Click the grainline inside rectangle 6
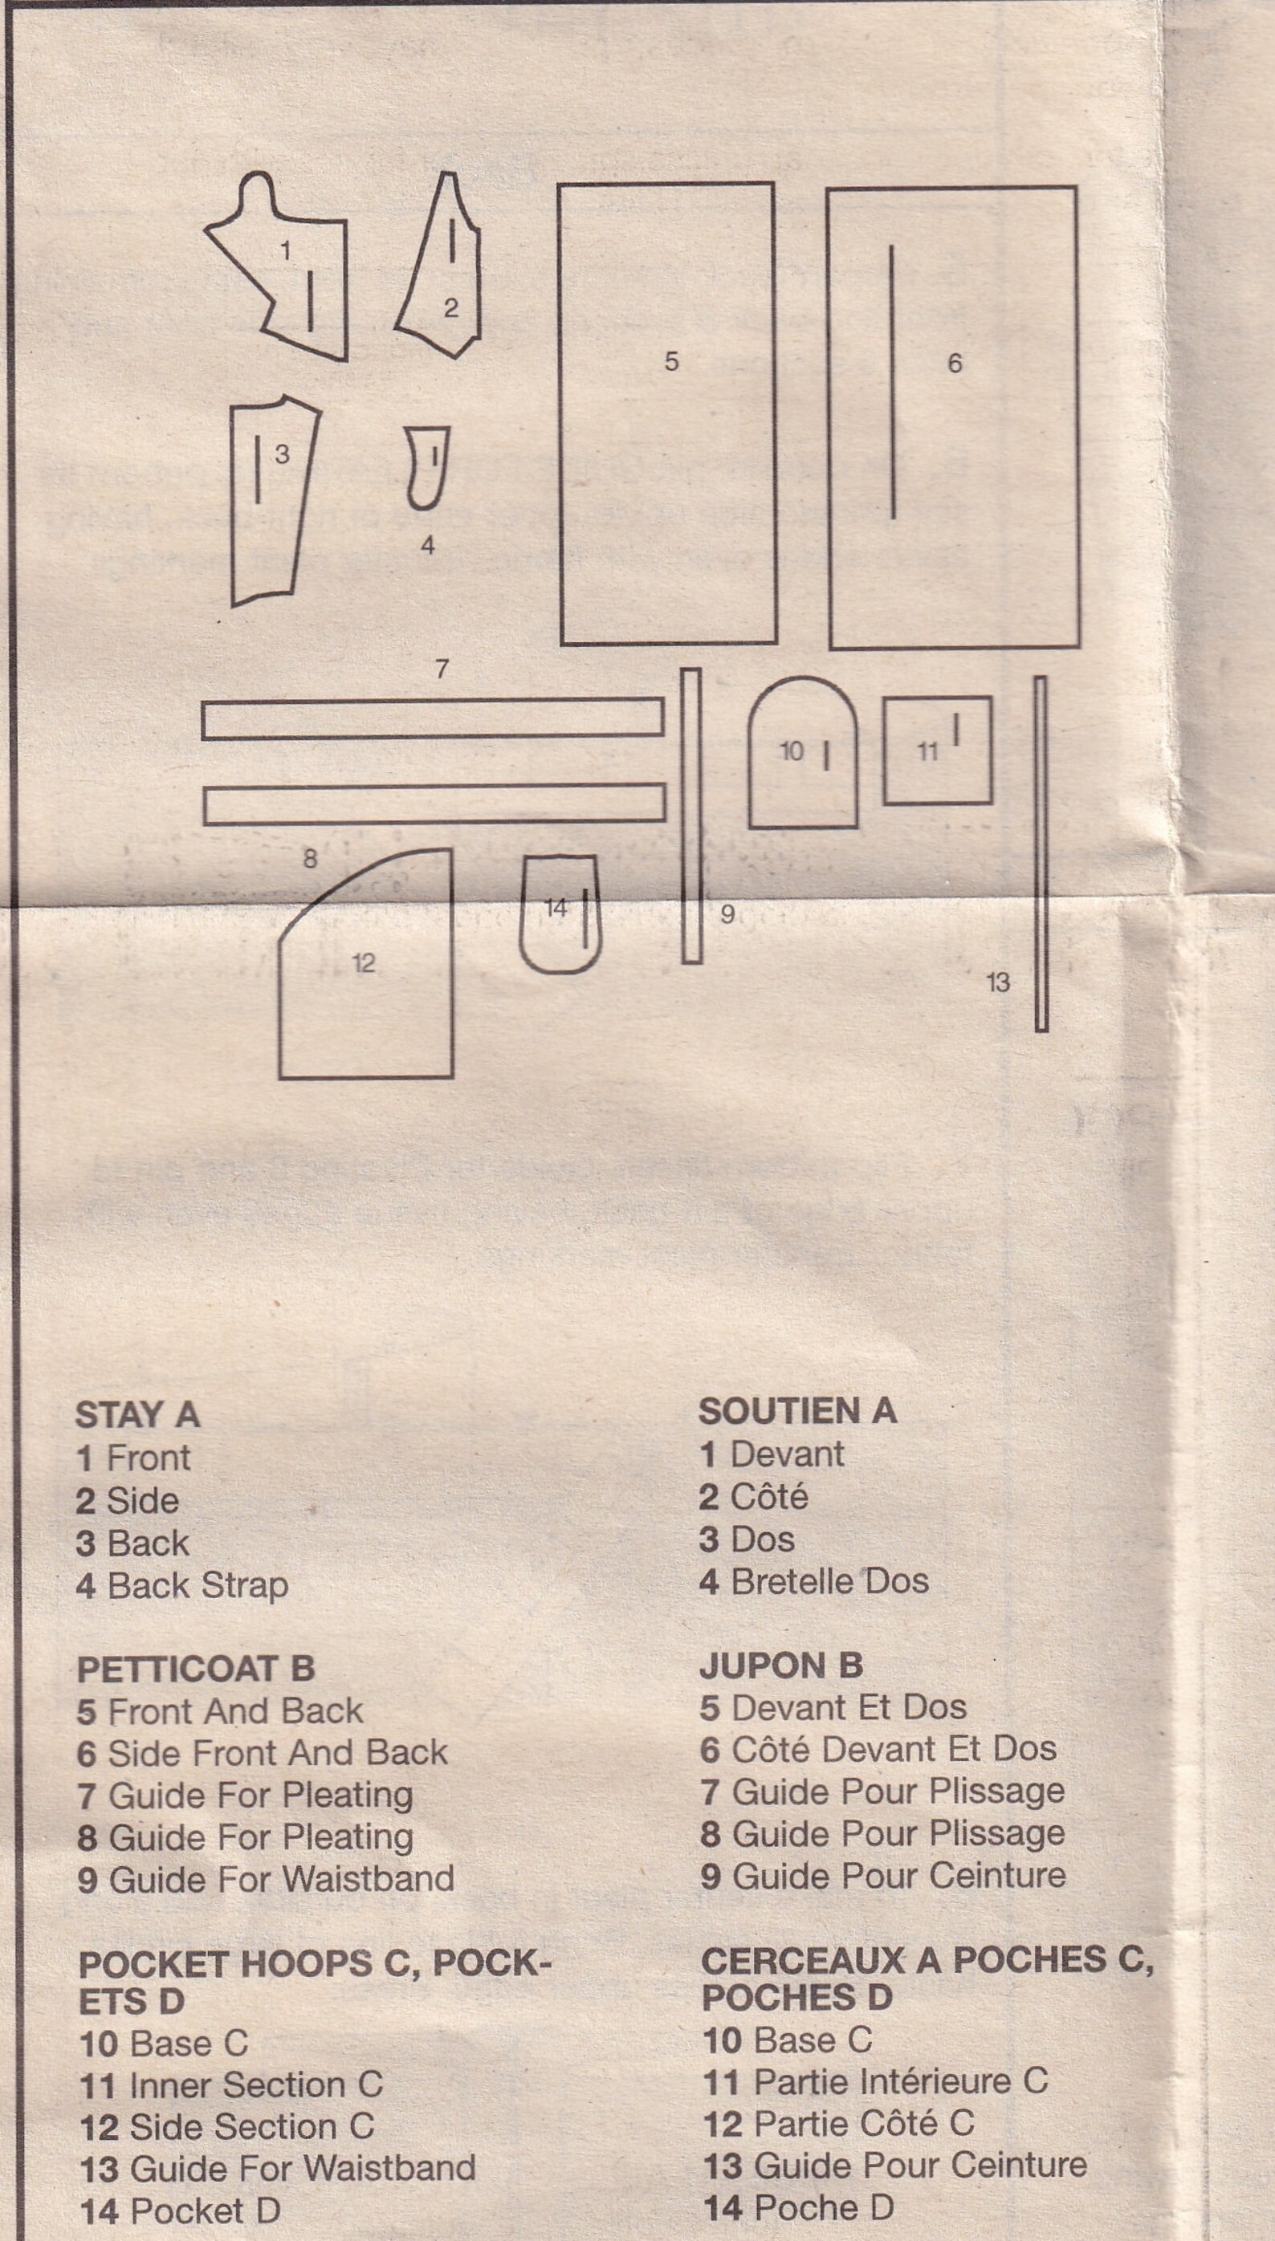(x=892, y=382)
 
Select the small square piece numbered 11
(x=937, y=750)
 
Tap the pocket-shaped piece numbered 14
(x=560, y=914)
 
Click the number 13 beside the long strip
(x=998, y=982)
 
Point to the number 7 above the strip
(x=442, y=669)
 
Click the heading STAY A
(x=137, y=1414)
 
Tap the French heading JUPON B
(x=781, y=1664)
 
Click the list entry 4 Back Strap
(x=182, y=1584)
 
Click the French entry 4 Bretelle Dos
(x=813, y=1581)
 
